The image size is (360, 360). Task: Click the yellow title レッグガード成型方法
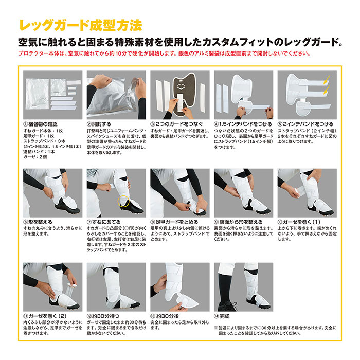click(81, 25)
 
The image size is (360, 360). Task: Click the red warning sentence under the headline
click(165, 53)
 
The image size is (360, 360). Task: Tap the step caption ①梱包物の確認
click(41, 124)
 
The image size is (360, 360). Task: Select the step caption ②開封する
click(99, 124)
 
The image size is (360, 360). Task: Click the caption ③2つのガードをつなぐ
click(177, 124)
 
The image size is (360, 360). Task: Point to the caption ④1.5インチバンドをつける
click(243, 124)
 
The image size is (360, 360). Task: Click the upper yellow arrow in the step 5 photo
click(327, 79)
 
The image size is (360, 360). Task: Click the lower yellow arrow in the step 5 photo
click(327, 90)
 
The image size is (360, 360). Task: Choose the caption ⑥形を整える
click(38, 222)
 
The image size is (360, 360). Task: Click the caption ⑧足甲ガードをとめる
click(174, 222)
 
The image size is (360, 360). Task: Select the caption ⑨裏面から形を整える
click(238, 222)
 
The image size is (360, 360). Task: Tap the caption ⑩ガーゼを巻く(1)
click(299, 222)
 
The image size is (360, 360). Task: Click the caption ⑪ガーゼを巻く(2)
click(45, 316)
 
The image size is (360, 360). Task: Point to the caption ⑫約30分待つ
click(103, 316)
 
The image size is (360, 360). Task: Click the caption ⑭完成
click(222, 316)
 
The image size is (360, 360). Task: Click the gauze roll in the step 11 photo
click(71, 290)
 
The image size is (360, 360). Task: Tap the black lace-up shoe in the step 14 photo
click(227, 306)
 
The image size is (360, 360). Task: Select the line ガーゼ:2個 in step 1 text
click(35, 157)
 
